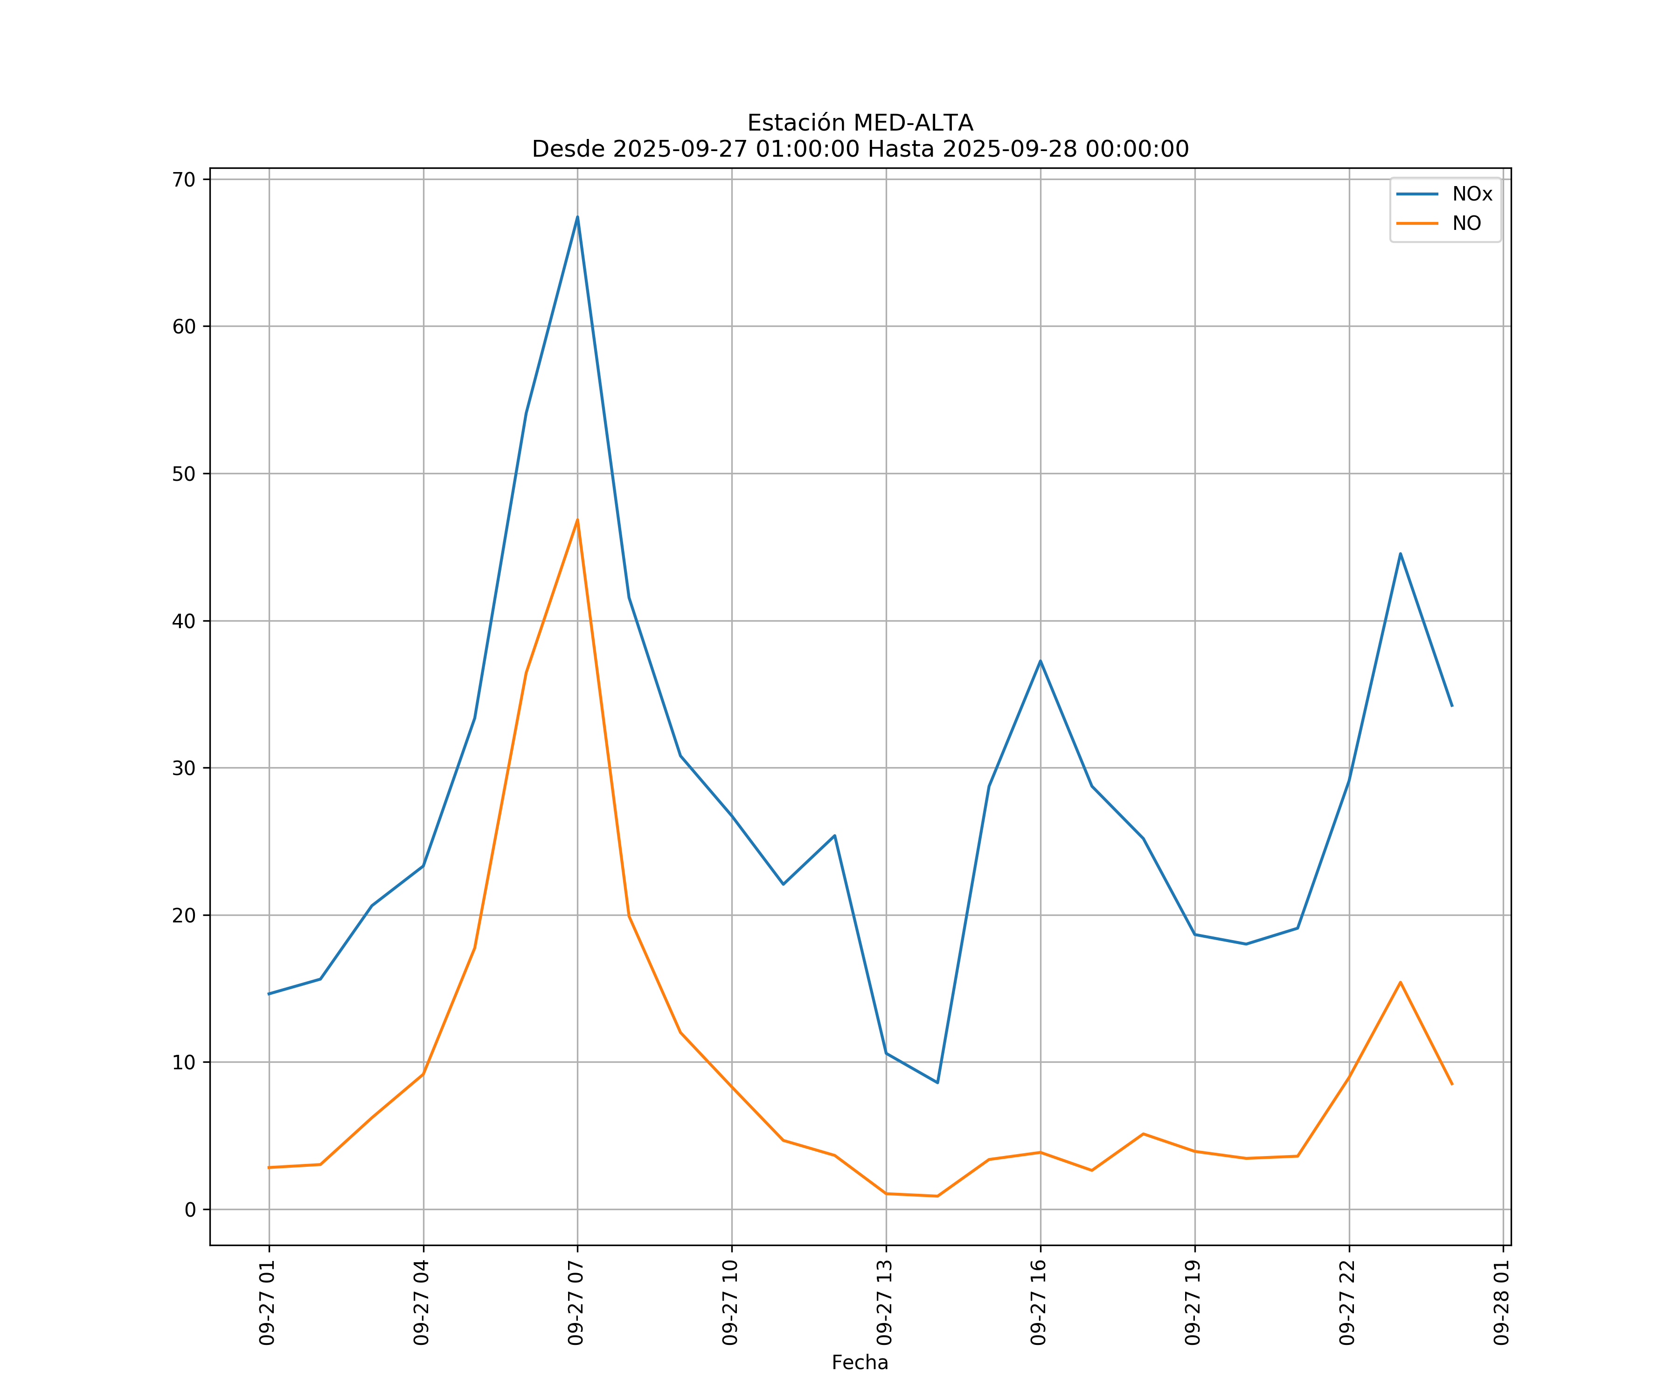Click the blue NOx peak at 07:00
(x=577, y=217)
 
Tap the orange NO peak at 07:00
(x=577, y=520)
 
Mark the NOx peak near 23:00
(x=1400, y=553)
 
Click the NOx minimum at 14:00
(x=937, y=1082)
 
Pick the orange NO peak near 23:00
(x=1400, y=982)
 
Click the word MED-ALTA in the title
(x=913, y=123)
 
